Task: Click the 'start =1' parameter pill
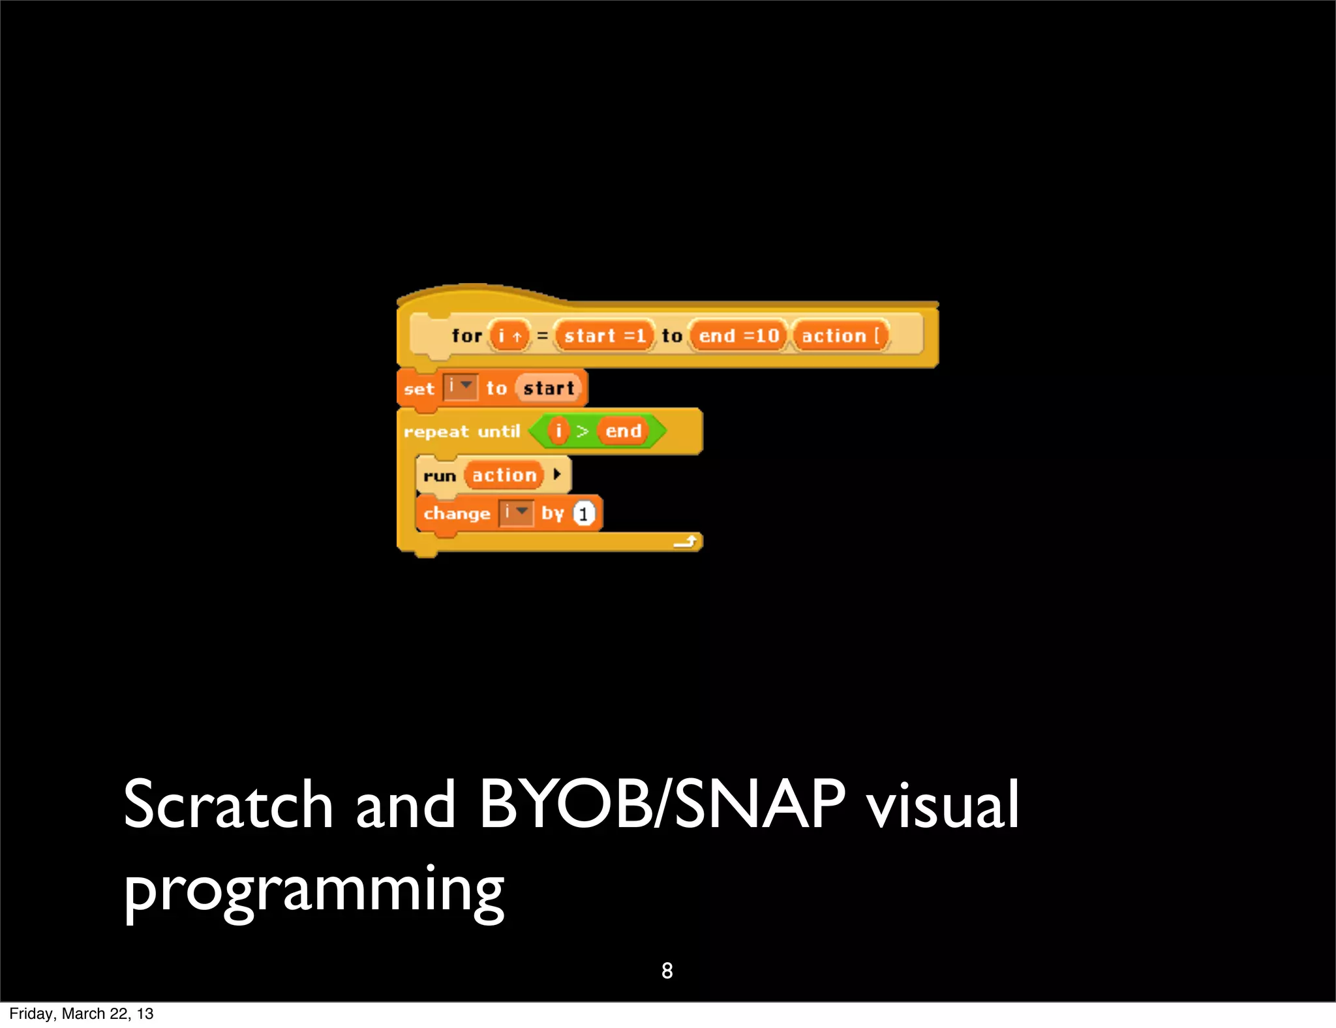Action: click(604, 336)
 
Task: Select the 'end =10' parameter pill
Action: click(738, 336)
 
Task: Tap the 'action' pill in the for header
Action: click(840, 336)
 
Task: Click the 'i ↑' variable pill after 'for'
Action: click(509, 336)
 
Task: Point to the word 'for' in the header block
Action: click(466, 336)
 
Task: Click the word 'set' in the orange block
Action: click(419, 389)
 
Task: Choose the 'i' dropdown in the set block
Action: click(461, 387)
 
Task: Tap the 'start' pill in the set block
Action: click(549, 388)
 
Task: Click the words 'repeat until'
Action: click(462, 432)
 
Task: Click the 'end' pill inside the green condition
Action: click(624, 431)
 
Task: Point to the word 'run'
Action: click(439, 476)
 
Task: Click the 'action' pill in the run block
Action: click(504, 476)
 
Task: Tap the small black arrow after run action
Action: click(557, 474)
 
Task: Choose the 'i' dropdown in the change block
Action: click(517, 513)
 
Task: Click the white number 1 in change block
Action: click(584, 514)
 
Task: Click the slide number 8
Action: click(667, 971)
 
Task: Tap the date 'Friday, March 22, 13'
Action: click(82, 1014)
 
